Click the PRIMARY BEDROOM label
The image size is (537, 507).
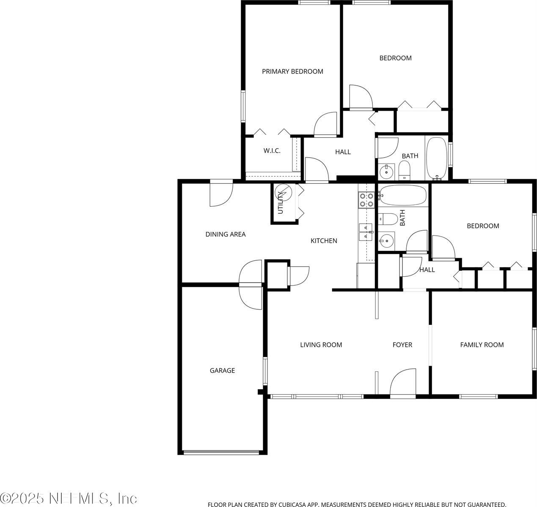pos(292,71)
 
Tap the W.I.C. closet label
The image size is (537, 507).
pos(272,151)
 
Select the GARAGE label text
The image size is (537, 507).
pos(222,371)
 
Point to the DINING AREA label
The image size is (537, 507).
pos(226,234)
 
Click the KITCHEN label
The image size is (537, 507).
pos(324,241)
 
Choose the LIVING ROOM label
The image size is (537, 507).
pos(321,345)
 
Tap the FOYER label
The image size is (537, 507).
pos(402,345)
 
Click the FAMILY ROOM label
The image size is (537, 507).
pos(482,345)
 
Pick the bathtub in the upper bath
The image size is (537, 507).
pos(436,157)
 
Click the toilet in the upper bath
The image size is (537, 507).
pos(405,171)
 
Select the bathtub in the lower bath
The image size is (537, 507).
pos(402,196)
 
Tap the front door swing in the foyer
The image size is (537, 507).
pos(402,383)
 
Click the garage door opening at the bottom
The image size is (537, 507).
pos(222,452)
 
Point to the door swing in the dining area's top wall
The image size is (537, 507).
pos(221,194)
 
